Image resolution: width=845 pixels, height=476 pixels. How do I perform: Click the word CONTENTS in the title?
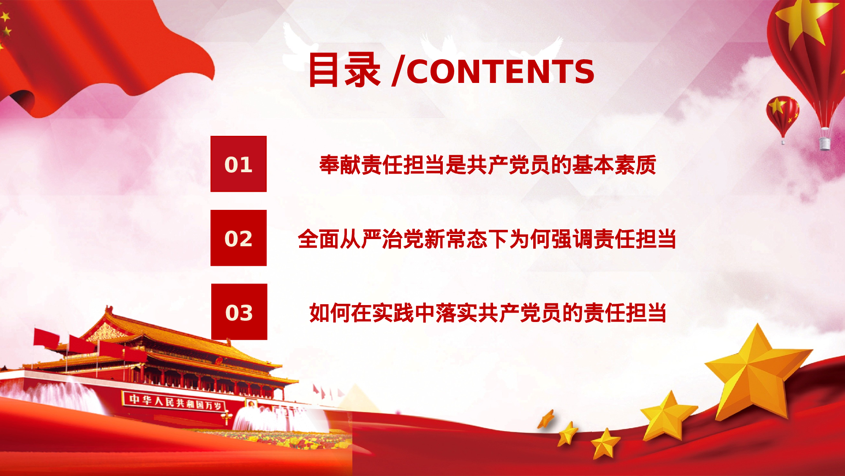click(x=501, y=71)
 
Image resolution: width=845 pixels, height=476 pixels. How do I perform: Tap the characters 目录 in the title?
click(x=344, y=70)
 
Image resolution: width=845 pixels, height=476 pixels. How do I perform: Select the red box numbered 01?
click(x=238, y=164)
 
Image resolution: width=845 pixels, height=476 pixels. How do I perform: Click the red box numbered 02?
click(x=238, y=238)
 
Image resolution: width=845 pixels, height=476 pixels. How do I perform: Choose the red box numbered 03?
click(x=239, y=312)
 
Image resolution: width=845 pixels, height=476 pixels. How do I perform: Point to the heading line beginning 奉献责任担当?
click(x=488, y=165)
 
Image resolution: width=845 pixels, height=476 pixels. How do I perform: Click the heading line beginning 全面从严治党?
click(x=487, y=239)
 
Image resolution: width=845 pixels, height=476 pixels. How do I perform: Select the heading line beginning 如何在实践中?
click(x=488, y=313)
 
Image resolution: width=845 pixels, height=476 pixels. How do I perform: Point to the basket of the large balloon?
click(x=825, y=143)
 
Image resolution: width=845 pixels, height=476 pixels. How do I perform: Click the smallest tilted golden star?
click(x=546, y=419)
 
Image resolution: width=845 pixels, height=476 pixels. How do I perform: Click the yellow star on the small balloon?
click(x=777, y=105)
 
